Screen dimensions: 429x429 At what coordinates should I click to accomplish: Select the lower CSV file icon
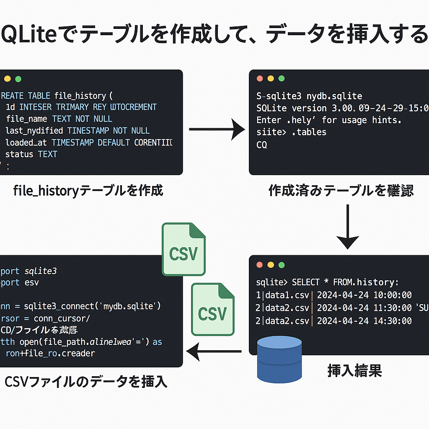[213, 309]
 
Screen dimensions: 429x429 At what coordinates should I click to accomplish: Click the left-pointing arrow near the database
[214, 351]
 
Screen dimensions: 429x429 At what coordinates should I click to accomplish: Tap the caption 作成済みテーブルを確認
[341, 191]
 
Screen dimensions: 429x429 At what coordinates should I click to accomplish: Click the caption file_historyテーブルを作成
[88, 191]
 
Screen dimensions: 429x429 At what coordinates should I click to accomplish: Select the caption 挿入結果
[354, 371]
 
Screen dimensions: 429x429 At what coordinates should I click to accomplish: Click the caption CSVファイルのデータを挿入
[86, 382]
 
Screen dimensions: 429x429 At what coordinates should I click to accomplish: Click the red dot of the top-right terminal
[260, 78]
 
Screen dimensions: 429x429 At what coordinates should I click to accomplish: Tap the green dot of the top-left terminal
[18, 79]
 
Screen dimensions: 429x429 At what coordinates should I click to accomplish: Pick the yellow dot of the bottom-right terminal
[271, 265]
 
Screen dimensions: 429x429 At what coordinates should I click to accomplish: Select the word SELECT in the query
[305, 282]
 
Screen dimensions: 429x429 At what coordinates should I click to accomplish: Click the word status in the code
[19, 154]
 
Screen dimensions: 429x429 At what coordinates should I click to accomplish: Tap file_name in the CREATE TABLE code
[27, 119]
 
